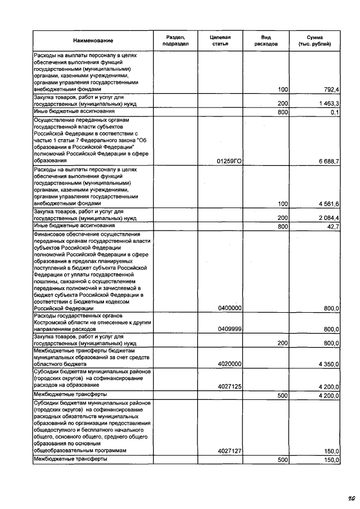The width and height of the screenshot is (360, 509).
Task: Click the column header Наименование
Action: pyautogui.click(x=93, y=40)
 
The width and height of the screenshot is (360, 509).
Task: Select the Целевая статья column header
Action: pyautogui.click(x=220, y=40)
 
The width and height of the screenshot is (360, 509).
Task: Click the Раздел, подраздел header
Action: pyautogui.click(x=174, y=40)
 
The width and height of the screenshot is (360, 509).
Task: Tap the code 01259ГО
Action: pyautogui.click(x=229, y=161)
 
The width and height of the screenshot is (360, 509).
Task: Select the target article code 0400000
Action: pyautogui.click(x=229, y=309)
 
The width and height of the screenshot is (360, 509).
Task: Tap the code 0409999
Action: pyautogui.click(x=229, y=329)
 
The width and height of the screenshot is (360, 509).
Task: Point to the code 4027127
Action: pyautogui.click(x=229, y=451)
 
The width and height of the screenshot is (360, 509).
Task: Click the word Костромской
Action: pyautogui.click(x=52, y=323)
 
